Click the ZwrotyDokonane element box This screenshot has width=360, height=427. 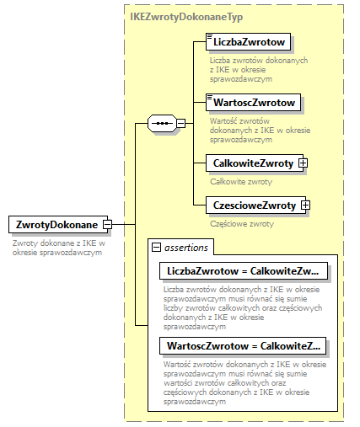click(56, 225)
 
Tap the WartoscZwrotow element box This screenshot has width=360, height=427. click(254, 103)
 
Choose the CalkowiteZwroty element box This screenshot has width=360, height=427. click(252, 163)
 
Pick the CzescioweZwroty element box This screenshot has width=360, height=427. click(254, 205)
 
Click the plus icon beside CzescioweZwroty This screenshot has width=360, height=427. click(306, 205)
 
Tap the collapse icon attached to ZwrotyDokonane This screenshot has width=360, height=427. click(107, 225)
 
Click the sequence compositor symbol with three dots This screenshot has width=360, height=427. click(160, 123)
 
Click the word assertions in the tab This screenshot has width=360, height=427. click(187, 247)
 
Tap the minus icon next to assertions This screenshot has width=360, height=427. click(157, 247)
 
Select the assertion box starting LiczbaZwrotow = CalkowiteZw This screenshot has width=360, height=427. click(243, 271)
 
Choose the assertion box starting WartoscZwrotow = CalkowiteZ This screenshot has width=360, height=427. click(243, 346)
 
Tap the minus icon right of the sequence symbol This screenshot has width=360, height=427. click(181, 123)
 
